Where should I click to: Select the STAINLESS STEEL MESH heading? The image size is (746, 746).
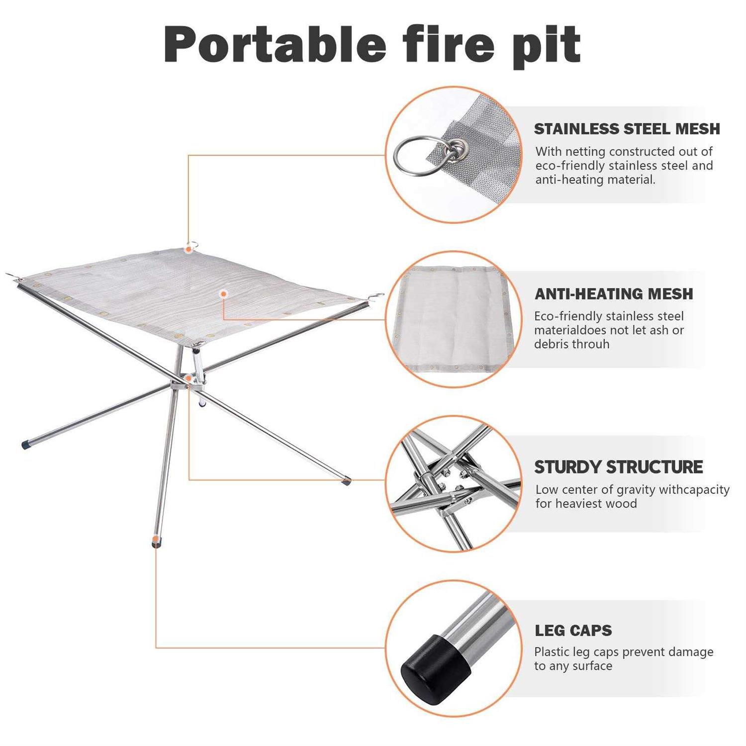(x=627, y=129)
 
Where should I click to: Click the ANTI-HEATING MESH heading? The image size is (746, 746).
(x=614, y=294)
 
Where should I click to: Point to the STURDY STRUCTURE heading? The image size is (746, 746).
(x=618, y=467)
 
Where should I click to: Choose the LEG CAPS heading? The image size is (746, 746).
(x=573, y=631)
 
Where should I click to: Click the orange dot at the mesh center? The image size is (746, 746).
(x=224, y=294)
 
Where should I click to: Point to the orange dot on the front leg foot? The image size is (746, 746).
(x=156, y=539)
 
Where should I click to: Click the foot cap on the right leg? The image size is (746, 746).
(x=346, y=481)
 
